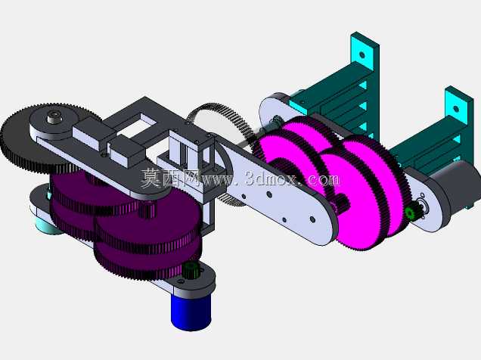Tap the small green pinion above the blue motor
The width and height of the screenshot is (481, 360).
point(191,270)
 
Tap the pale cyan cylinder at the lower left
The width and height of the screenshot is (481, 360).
point(45,227)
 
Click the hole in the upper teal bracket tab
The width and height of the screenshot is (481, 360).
point(362,55)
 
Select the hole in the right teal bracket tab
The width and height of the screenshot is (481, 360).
point(456,109)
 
